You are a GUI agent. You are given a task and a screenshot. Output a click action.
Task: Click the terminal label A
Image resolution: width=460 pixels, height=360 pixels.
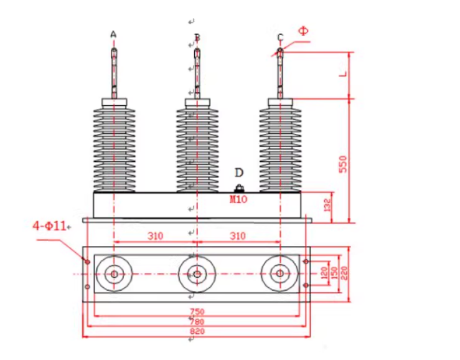pyautogui.click(x=113, y=34)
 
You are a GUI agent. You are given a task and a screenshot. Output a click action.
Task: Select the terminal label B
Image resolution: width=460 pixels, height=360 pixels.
pyautogui.click(x=197, y=37)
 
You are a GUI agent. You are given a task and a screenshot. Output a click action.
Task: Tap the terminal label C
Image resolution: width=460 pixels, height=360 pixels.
pyautogui.click(x=280, y=37)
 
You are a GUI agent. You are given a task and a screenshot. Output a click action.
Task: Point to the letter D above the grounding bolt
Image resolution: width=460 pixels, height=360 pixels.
pyautogui.click(x=239, y=173)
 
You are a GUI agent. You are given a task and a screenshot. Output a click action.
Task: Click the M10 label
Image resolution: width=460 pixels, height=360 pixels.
pyautogui.click(x=238, y=199)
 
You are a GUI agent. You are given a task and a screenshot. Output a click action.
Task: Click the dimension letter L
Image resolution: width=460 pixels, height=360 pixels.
pyautogui.click(x=342, y=73)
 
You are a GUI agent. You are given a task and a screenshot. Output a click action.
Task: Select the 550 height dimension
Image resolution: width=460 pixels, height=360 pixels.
pyautogui.click(x=342, y=163)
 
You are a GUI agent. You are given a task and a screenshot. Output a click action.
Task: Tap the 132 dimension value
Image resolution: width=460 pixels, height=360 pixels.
pyautogui.click(x=328, y=206)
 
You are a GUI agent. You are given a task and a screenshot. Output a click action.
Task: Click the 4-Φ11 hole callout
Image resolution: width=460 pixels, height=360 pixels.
pyautogui.click(x=50, y=226)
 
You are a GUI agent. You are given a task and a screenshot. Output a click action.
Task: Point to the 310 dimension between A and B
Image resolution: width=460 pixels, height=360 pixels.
pyautogui.click(x=155, y=237)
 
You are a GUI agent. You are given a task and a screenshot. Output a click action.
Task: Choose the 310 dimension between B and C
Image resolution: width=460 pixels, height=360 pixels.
pyautogui.click(x=238, y=237)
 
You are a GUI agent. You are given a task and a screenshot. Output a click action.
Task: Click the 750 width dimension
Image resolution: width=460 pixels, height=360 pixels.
pyautogui.click(x=197, y=311)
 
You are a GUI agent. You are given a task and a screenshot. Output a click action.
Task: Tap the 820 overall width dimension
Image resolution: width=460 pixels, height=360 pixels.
pyautogui.click(x=197, y=332)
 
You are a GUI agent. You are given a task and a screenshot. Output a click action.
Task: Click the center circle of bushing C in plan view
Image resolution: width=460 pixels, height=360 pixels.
pyautogui.click(x=280, y=274)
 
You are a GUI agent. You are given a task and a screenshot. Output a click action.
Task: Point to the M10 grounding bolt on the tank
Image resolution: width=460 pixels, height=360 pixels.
pyautogui.click(x=238, y=189)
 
